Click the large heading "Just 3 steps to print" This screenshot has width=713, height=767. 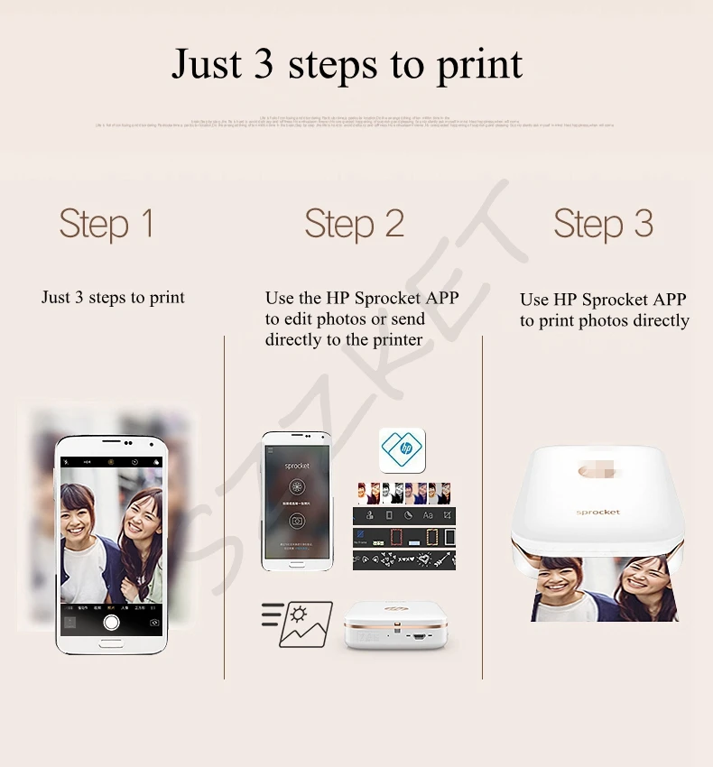point(347,64)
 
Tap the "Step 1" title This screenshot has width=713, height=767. point(106,224)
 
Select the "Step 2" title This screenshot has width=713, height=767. point(354,224)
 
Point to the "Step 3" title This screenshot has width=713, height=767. point(603,224)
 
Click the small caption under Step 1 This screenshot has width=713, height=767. point(113,298)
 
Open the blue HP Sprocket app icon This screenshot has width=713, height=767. point(402,449)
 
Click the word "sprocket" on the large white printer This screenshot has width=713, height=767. point(597,512)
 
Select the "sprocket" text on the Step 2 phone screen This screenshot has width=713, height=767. point(297,466)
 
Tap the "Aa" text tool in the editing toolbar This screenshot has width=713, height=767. point(428,515)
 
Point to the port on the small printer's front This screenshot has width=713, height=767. point(419,637)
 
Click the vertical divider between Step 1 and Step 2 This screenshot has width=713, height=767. point(225,505)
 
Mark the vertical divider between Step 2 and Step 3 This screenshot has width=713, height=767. point(482,505)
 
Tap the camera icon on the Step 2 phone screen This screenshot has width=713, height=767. point(296,521)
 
